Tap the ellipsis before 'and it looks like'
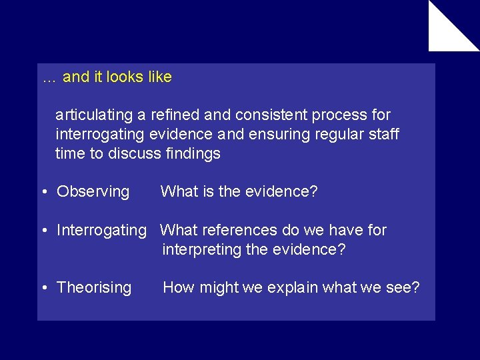[x=49, y=79]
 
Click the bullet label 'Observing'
[x=93, y=192]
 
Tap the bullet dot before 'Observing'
[x=43, y=193]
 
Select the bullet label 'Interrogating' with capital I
[x=101, y=231]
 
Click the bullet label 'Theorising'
[x=94, y=288]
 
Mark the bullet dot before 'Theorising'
[x=43, y=289]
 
